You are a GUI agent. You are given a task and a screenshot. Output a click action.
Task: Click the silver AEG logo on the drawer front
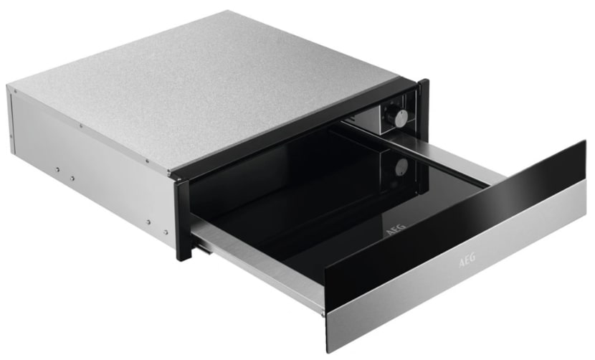pos(467,261)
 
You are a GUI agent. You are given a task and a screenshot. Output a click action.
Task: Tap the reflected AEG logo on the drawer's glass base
pos(396,229)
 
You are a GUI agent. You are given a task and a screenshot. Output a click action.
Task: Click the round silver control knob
pos(400,117)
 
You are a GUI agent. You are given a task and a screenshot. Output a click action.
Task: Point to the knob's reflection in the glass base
pos(401,166)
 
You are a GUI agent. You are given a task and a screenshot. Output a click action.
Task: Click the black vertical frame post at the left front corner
pos(184,220)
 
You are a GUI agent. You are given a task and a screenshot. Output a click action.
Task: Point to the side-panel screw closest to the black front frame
pos(166,232)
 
